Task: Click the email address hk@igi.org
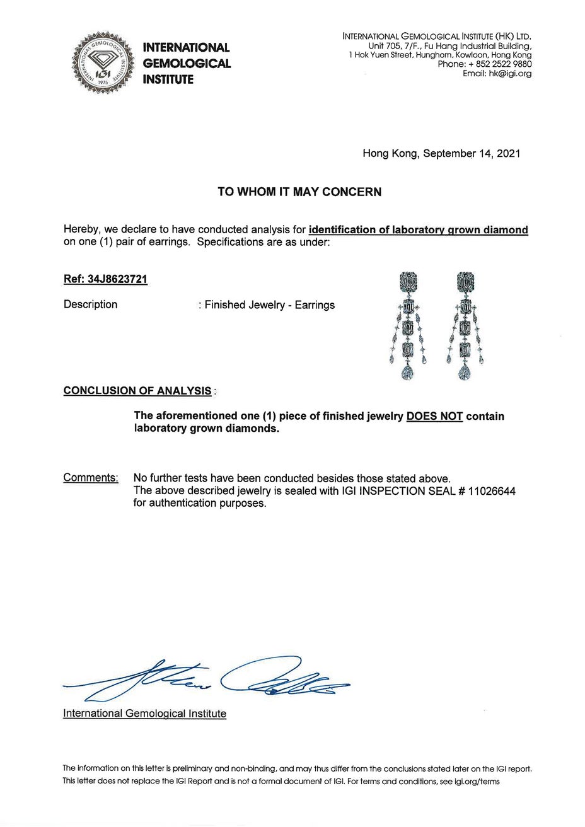(x=506, y=73)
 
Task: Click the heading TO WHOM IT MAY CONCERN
(x=299, y=192)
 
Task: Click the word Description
(x=90, y=304)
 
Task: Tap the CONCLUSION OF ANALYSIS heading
(x=137, y=391)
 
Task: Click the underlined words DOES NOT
(x=435, y=417)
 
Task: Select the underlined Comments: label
(x=90, y=478)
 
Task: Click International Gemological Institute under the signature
(x=144, y=714)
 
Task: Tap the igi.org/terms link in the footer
(x=477, y=781)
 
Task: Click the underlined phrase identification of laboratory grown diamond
(x=419, y=230)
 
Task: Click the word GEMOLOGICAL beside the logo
(x=187, y=64)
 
